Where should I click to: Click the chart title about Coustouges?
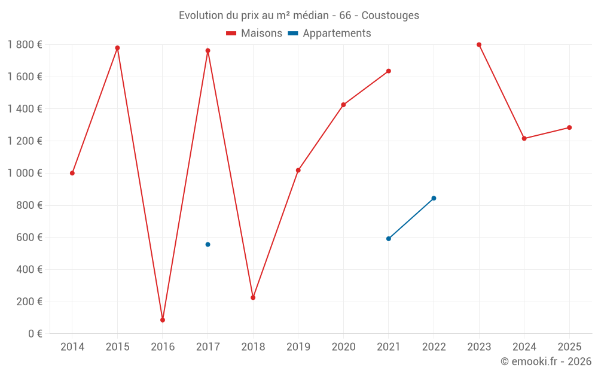coord(298,15)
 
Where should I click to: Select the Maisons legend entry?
coord(254,34)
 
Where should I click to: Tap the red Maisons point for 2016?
coord(163,320)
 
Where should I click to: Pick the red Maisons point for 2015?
coord(117,48)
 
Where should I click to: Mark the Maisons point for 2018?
coord(253,297)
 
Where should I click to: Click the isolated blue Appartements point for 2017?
coord(208,244)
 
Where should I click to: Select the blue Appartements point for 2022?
coord(434,198)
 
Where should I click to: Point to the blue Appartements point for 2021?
coord(389,239)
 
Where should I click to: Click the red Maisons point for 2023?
coord(479,44)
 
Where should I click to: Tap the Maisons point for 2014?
coord(72,173)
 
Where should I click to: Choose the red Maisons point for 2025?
coord(569,127)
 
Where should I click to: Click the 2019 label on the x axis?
coord(298,347)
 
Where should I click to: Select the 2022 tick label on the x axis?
coord(434,347)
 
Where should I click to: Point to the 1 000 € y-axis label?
coord(25,173)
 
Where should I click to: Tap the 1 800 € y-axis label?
coord(25,44)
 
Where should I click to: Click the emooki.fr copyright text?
coord(545,361)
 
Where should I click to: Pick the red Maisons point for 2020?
coord(343,105)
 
